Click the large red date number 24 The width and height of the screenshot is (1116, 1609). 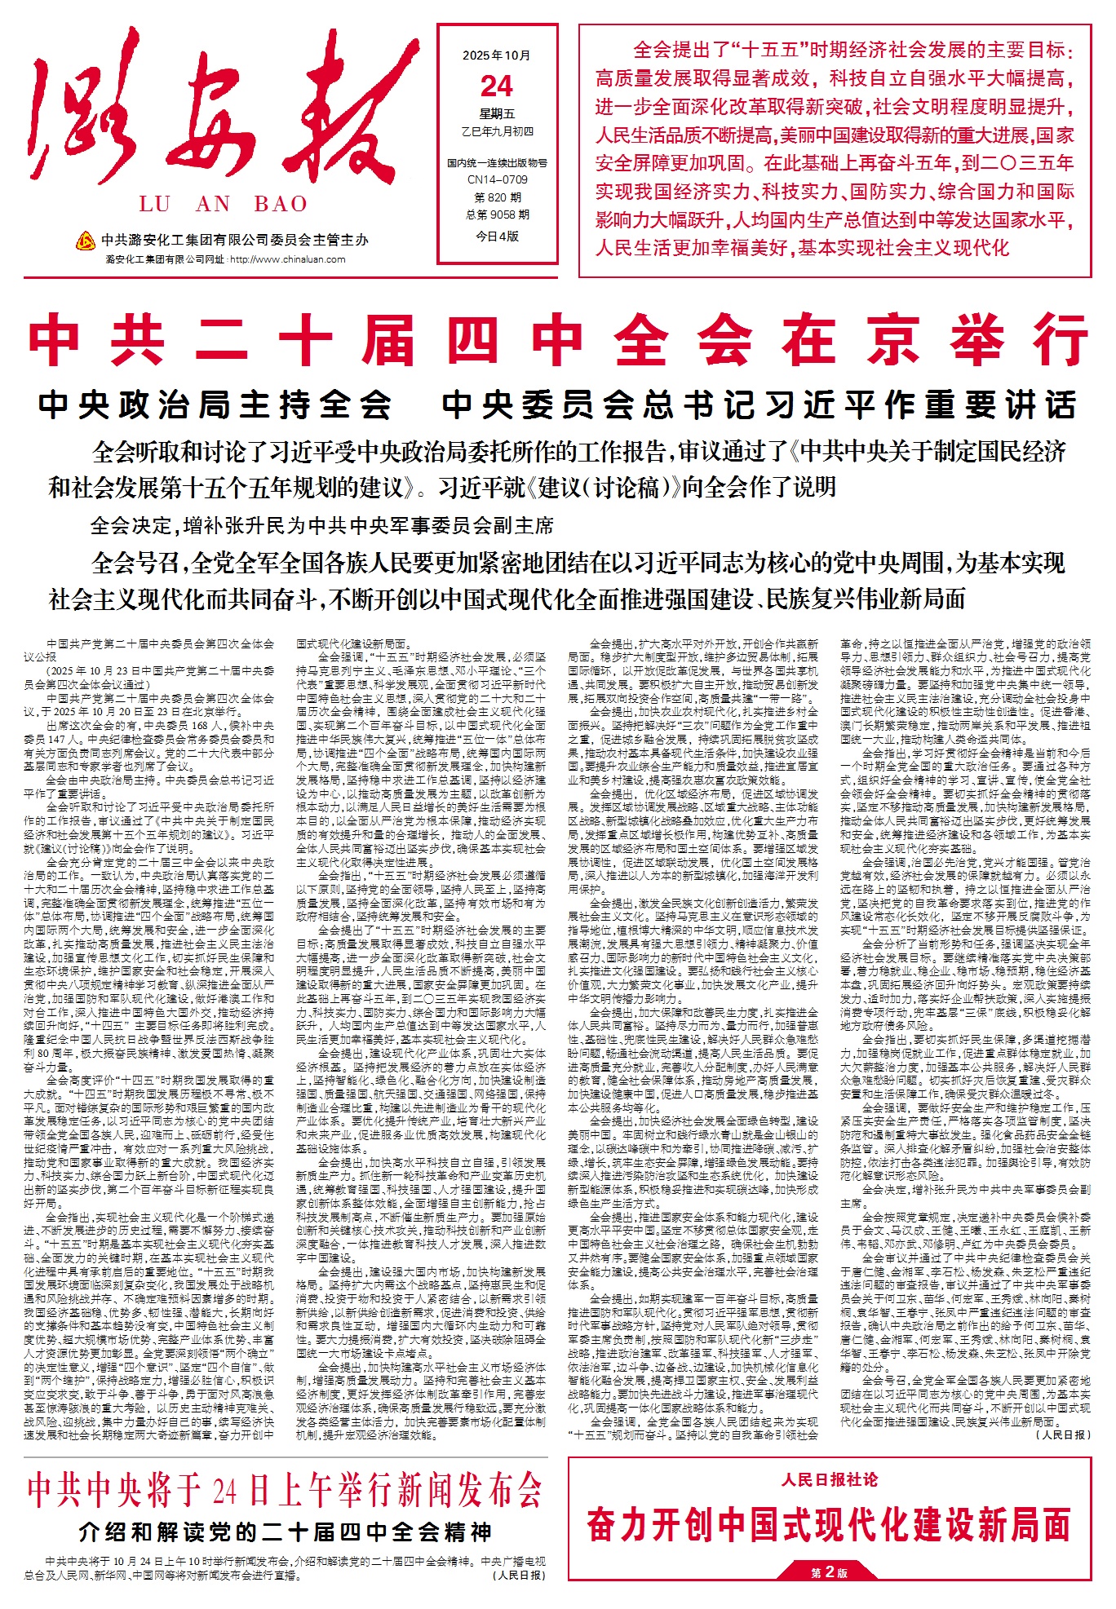[x=497, y=86]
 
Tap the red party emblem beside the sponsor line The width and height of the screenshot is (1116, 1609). [x=85, y=241]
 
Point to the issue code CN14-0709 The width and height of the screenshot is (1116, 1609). [x=497, y=179]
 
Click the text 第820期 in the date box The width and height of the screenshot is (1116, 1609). [x=497, y=197]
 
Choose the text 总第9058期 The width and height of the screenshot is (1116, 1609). [x=497, y=214]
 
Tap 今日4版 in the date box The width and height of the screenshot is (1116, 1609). [x=497, y=236]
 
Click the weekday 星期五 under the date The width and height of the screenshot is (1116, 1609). [x=497, y=113]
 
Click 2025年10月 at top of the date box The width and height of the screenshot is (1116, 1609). [x=497, y=55]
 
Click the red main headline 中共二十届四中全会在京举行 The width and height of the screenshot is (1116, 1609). [x=558, y=340]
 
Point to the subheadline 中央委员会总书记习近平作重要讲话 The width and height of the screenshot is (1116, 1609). [x=759, y=404]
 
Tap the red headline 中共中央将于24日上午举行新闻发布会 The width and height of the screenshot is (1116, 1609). [x=285, y=1489]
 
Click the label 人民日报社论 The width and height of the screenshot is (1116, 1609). [x=829, y=1479]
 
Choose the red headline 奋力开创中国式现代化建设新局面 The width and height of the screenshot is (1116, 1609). [x=829, y=1524]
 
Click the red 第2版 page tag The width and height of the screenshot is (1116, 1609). [x=829, y=1572]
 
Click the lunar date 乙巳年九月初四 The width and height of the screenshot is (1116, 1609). [x=497, y=131]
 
